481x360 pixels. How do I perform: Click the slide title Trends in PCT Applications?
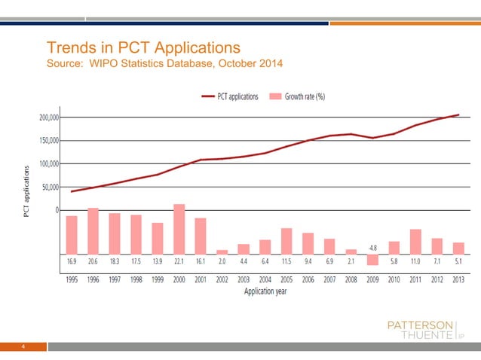click(x=143, y=48)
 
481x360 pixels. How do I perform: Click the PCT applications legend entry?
click(x=230, y=96)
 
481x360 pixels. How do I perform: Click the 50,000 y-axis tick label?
click(x=53, y=187)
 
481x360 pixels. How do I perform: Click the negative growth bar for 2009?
click(x=372, y=259)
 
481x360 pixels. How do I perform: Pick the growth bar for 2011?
click(x=415, y=241)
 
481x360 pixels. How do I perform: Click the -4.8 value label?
click(x=372, y=248)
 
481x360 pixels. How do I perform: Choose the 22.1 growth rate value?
click(x=179, y=261)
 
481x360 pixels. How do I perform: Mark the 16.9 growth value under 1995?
click(x=72, y=261)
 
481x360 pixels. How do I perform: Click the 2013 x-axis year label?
click(x=458, y=279)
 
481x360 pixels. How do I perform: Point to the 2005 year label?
click(x=286, y=279)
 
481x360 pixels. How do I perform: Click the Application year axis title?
click(x=265, y=291)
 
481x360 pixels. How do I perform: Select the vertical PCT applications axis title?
click(x=26, y=191)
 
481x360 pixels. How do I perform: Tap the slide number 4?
click(x=24, y=347)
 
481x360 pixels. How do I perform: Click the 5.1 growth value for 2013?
click(x=458, y=261)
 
